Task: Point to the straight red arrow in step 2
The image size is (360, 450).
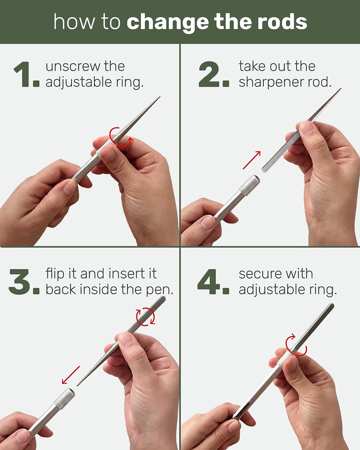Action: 252,160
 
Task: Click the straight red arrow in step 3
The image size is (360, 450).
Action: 71,375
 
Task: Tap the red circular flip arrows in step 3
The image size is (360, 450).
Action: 145,317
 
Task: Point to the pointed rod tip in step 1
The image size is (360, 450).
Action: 160,97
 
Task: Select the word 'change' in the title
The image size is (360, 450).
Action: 167,22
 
